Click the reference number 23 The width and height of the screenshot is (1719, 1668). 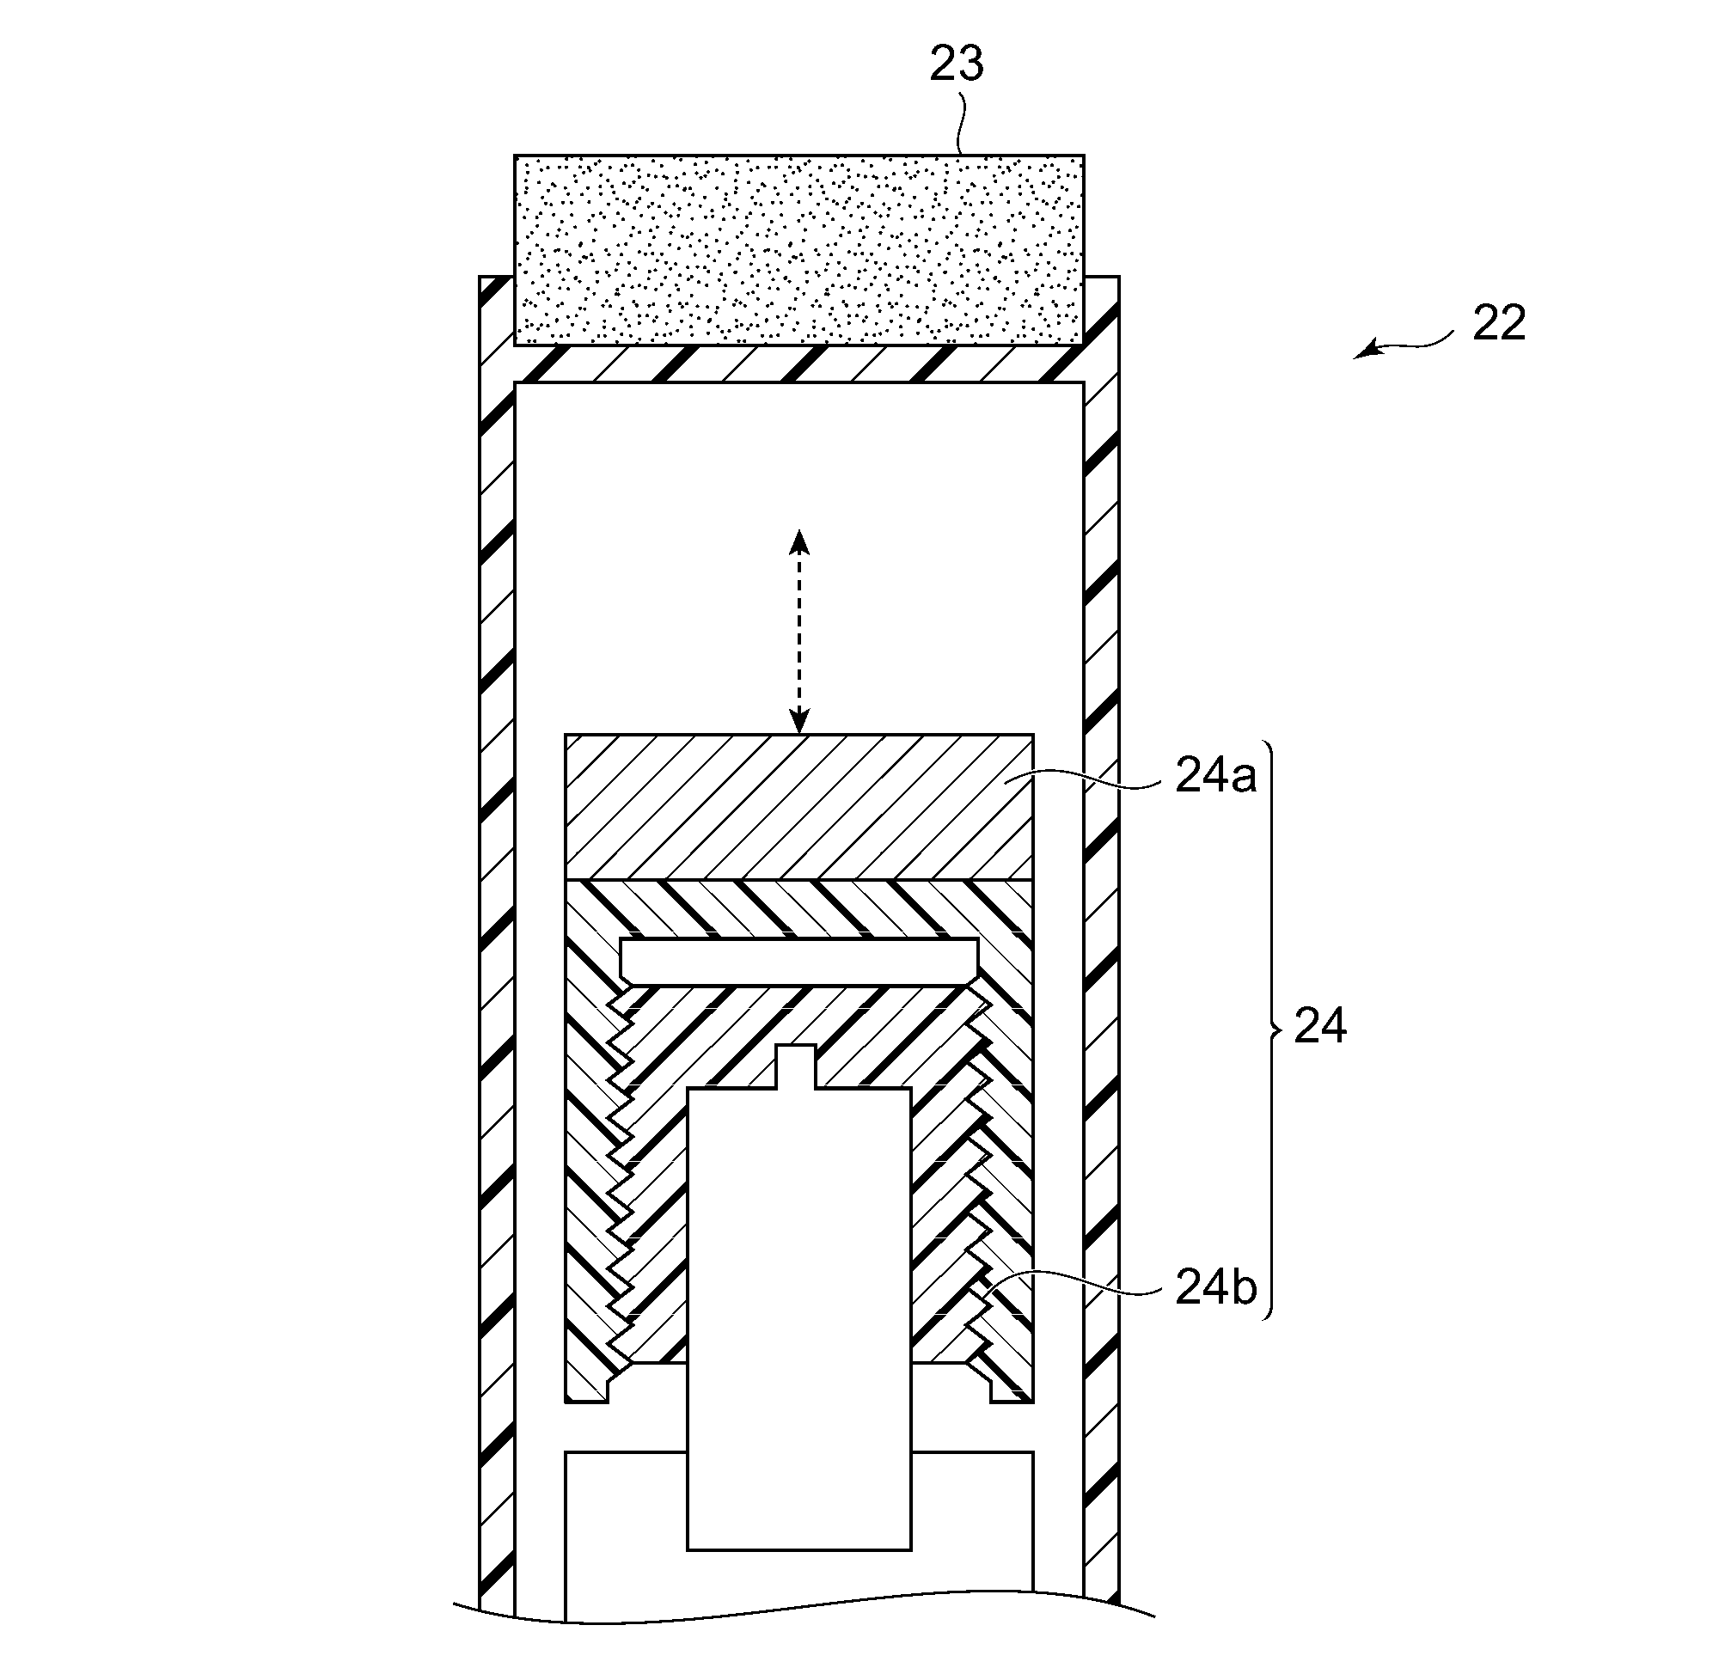pos(957,64)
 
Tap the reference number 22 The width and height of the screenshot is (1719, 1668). pos(1500,323)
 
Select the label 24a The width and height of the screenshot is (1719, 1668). pos(1215,775)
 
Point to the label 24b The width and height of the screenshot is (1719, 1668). pos(1215,1287)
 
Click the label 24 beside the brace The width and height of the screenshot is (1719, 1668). pos(1321,1025)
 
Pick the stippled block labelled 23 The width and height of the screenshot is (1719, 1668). pos(799,250)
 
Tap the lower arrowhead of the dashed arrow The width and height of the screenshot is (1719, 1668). pos(798,720)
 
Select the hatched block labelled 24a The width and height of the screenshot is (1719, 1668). pos(799,807)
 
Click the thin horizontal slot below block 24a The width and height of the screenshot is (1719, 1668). pos(799,960)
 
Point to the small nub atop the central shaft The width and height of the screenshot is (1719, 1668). pos(798,1067)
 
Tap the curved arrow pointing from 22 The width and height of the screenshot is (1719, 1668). pos(1403,344)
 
